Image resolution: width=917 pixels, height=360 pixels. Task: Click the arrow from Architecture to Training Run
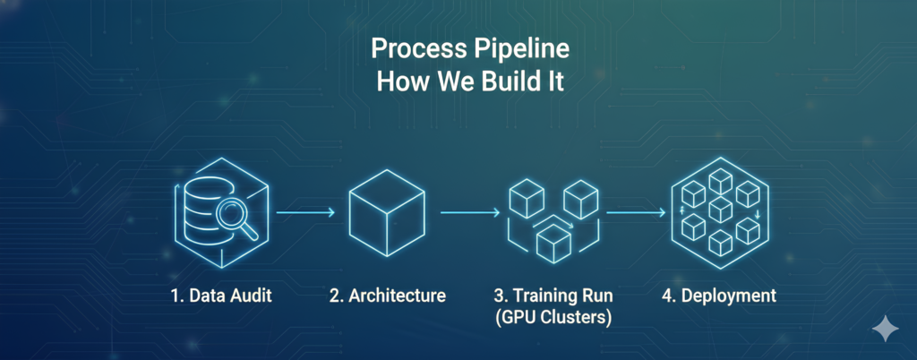[470, 213]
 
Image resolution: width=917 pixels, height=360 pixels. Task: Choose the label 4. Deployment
[720, 295]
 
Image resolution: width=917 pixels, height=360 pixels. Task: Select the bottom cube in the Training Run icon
[553, 240]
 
